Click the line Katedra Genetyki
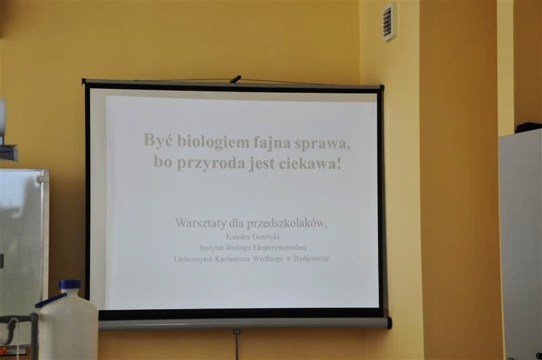(253, 237)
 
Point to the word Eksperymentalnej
(280, 247)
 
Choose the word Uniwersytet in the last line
(192, 258)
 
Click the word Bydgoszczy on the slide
(311, 259)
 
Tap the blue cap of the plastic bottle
(69, 285)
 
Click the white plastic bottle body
(68, 325)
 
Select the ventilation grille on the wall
(390, 22)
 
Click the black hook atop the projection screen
(236, 79)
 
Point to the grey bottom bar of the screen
(245, 324)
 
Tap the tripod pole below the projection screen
(236, 345)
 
